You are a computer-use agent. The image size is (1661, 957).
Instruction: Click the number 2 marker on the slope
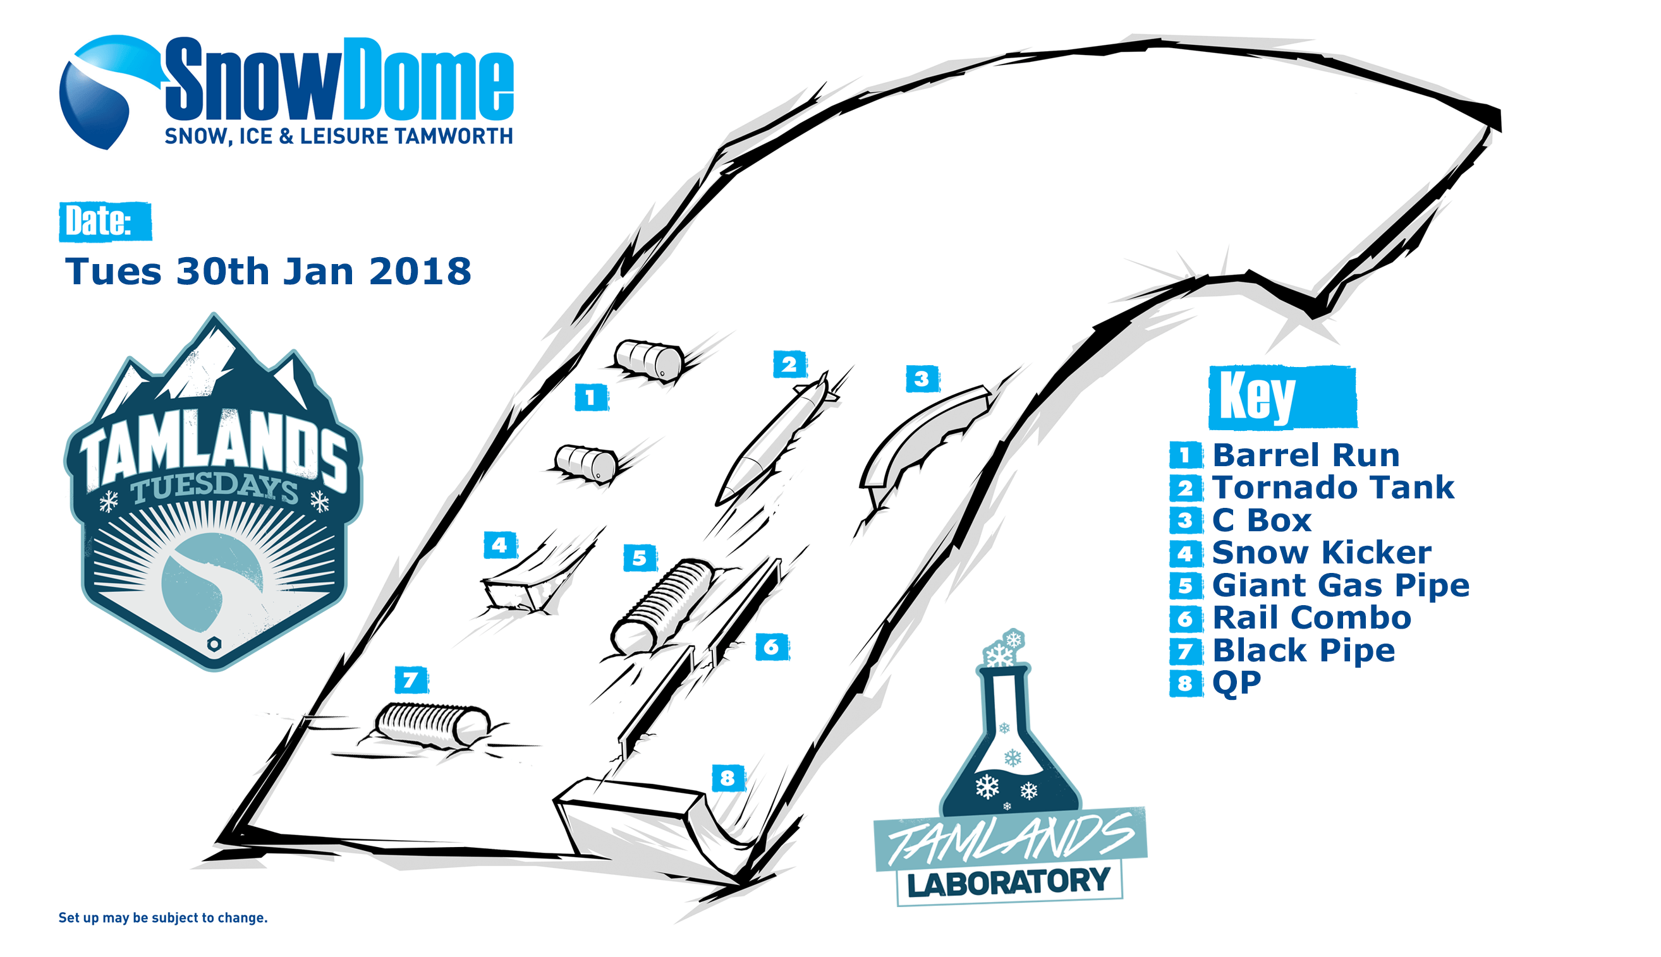coord(789,364)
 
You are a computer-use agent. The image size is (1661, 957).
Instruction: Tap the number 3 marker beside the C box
coord(923,378)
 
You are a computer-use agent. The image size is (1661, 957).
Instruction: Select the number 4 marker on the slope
coord(501,545)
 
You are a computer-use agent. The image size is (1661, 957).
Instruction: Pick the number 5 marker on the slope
coord(640,558)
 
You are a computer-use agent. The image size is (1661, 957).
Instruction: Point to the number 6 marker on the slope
coord(772,647)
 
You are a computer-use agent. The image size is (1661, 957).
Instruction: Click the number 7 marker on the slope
coord(411,680)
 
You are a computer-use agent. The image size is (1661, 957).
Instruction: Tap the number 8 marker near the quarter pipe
coord(729,778)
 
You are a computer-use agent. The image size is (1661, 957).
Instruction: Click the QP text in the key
coord(1236,683)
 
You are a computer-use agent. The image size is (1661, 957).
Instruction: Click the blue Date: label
coord(105,222)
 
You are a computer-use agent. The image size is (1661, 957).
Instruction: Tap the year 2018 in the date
coord(420,271)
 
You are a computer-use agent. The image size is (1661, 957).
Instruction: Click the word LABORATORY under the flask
coord(1009,882)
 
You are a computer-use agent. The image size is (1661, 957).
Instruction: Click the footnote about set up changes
coord(163,918)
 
